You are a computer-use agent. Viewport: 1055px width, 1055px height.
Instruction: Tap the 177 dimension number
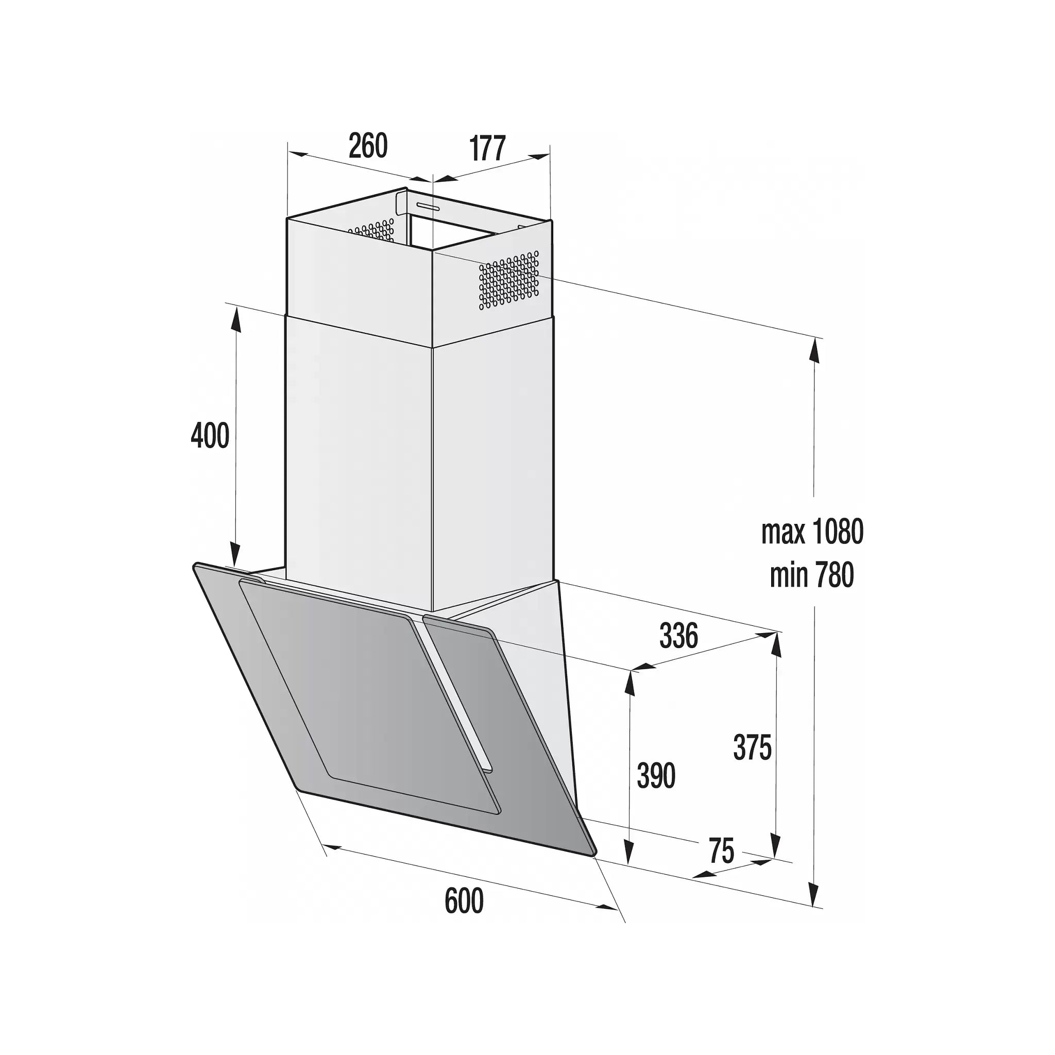pos(488,148)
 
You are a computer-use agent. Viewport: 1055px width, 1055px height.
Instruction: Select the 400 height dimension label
pos(210,436)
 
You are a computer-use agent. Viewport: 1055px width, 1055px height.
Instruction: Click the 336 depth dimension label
pos(678,635)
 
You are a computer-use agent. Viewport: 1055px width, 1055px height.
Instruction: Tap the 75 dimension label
pos(721,851)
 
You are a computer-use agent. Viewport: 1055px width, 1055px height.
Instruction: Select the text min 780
pos(811,575)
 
